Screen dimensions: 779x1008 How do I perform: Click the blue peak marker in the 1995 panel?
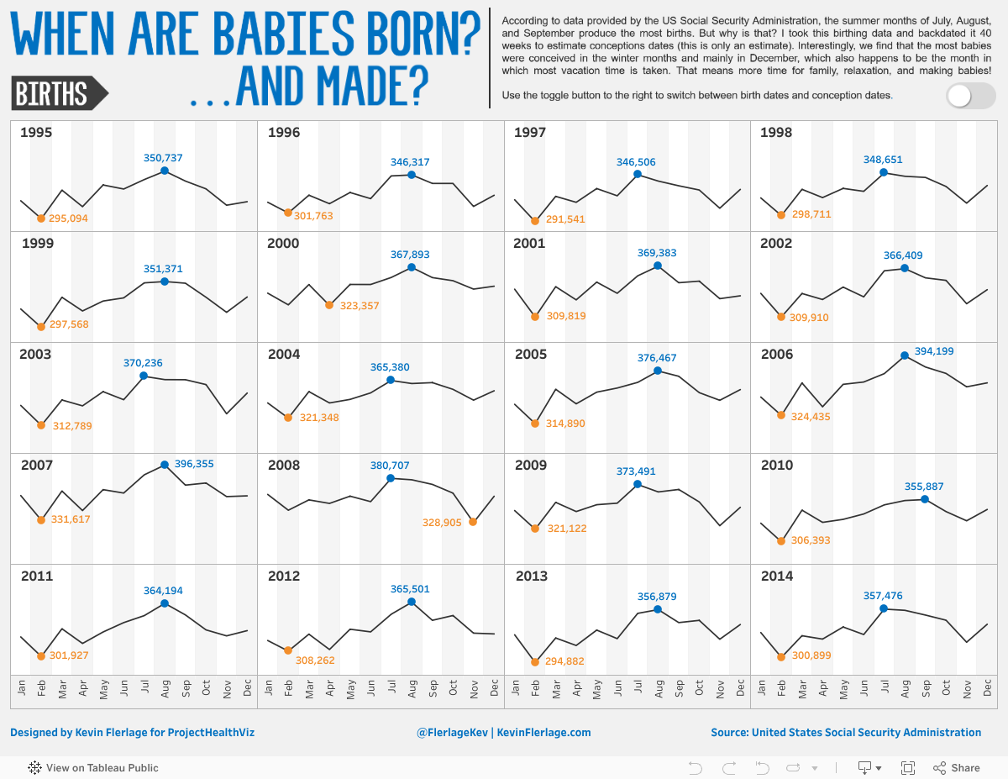(165, 171)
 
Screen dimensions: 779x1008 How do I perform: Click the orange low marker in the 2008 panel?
(473, 522)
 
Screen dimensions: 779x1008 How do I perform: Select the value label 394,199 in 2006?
(933, 351)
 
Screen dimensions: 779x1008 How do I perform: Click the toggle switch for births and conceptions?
(970, 96)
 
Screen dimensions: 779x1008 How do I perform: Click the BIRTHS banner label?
(52, 93)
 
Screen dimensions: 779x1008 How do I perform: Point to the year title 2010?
(776, 465)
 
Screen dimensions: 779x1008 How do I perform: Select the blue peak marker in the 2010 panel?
(925, 499)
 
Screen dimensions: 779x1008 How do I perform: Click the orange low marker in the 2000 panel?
(329, 305)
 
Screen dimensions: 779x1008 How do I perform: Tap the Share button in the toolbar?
(956, 767)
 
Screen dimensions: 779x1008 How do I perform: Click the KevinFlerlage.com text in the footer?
(543, 733)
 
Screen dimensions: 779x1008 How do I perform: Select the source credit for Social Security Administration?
(845, 733)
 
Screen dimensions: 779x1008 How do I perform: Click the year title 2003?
(35, 354)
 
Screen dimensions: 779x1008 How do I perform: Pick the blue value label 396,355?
(194, 463)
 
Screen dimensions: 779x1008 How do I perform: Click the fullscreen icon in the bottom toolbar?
(907, 767)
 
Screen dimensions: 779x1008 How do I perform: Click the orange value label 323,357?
(360, 306)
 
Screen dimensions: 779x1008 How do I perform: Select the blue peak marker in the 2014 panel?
(884, 608)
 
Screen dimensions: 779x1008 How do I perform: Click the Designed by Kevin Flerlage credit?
(132, 733)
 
